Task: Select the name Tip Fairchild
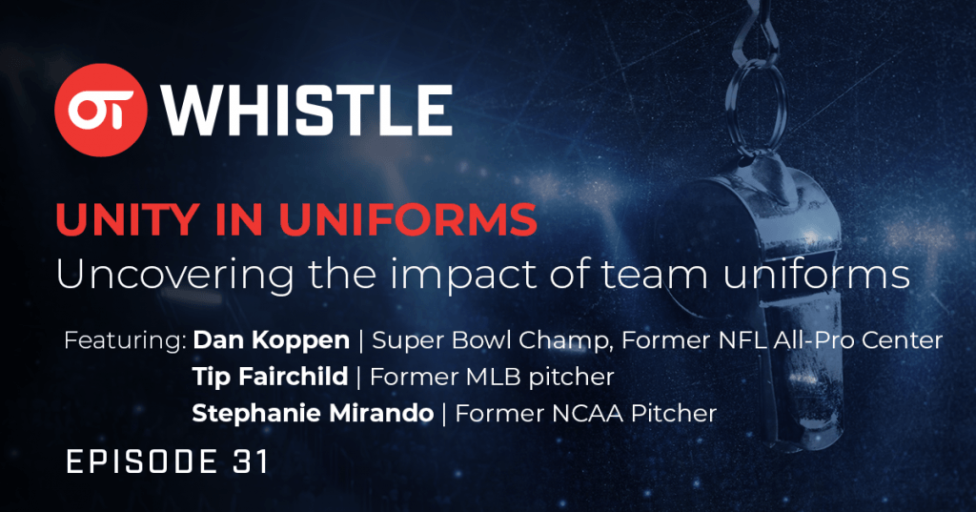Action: [270, 377]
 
